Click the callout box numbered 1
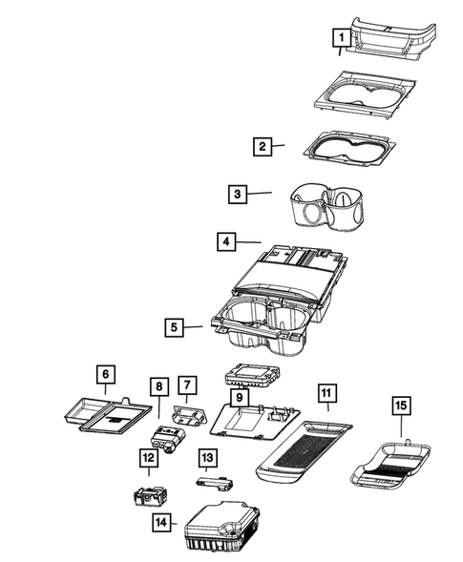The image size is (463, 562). (339, 37)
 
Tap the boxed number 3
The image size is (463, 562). (237, 195)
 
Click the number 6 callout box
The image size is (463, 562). (106, 375)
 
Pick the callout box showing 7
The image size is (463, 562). (187, 385)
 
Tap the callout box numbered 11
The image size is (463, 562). (326, 392)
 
